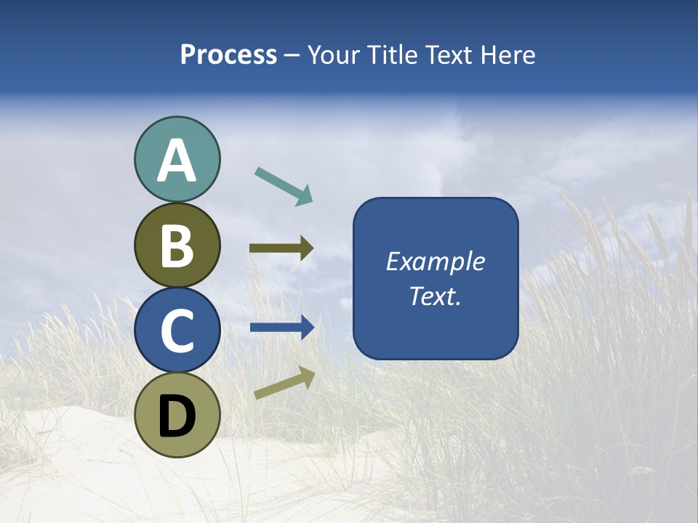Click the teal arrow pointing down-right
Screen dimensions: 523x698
284,186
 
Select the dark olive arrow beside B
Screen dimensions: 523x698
281,248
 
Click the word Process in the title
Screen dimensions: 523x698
228,55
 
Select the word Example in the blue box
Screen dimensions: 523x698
435,261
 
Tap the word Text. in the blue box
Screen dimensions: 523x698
435,296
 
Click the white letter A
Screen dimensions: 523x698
177,161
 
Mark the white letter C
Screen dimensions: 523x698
177,331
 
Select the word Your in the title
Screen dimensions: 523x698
332,55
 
